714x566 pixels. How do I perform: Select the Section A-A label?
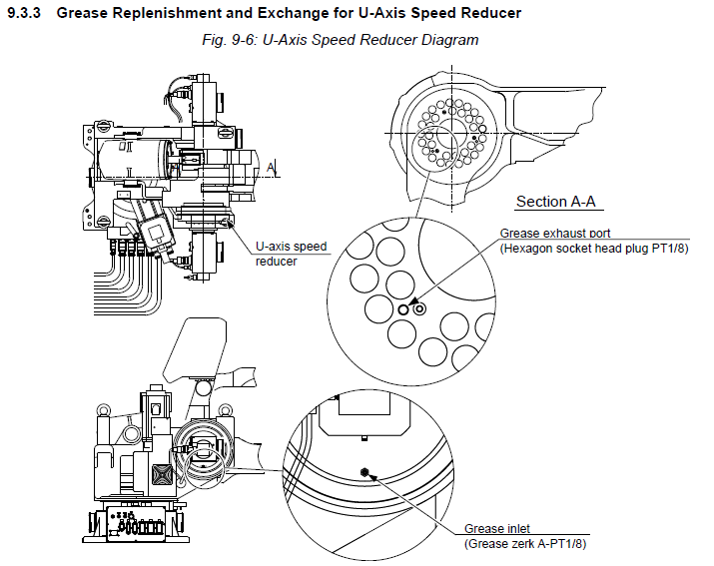coord(555,202)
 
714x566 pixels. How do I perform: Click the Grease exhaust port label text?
coord(556,234)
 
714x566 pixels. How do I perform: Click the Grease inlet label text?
coord(497,529)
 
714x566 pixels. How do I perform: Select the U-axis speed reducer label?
coord(291,253)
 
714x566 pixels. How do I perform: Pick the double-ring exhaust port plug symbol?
coord(419,309)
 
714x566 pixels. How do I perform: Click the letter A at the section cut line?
coord(272,166)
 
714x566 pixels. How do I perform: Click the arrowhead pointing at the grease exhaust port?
coord(411,297)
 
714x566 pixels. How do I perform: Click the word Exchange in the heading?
coord(281,13)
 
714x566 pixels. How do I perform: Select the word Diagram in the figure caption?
coord(451,40)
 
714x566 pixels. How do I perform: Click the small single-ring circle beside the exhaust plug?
coord(403,309)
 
